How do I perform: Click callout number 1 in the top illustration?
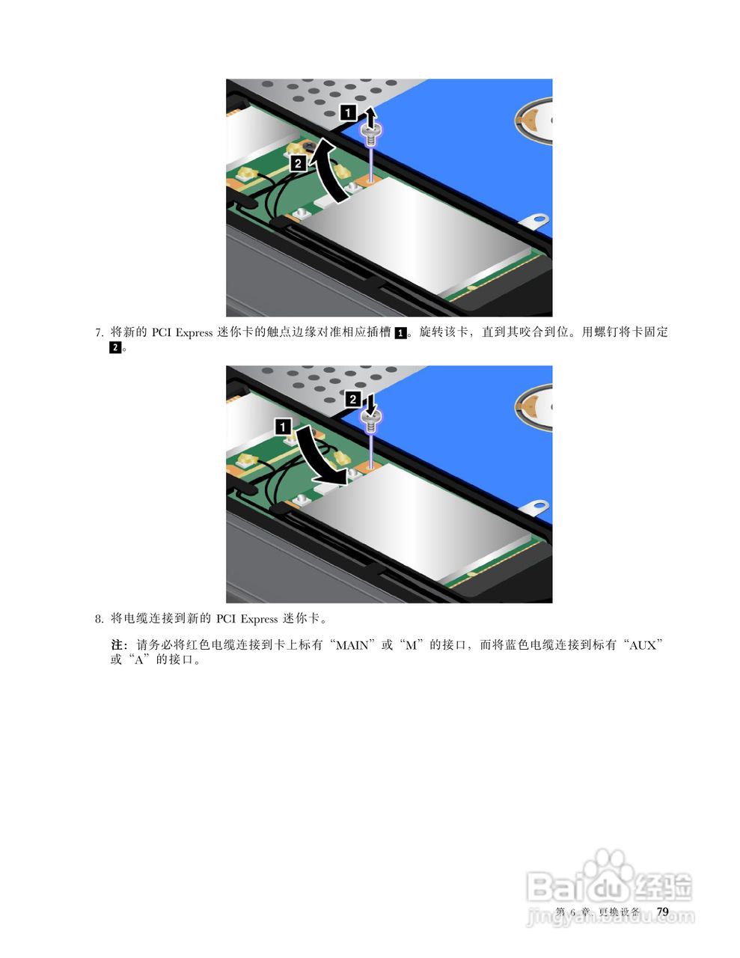tap(348, 113)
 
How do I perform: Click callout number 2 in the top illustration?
tap(298, 162)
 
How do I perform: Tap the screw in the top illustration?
tap(371, 135)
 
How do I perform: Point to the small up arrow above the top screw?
tap(370, 115)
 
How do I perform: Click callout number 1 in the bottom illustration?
tap(284, 427)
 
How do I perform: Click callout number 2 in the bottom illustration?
tap(353, 400)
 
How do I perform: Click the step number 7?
tap(98, 333)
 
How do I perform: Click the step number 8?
tap(98, 619)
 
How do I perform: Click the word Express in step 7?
tap(194, 332)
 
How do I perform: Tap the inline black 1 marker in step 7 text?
tap(401, 333)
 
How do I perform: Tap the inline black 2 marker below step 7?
tap(115, 348)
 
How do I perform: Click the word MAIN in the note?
tap(352, 644)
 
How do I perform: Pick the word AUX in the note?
tap(642, 644)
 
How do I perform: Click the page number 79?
tap(662, 911)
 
